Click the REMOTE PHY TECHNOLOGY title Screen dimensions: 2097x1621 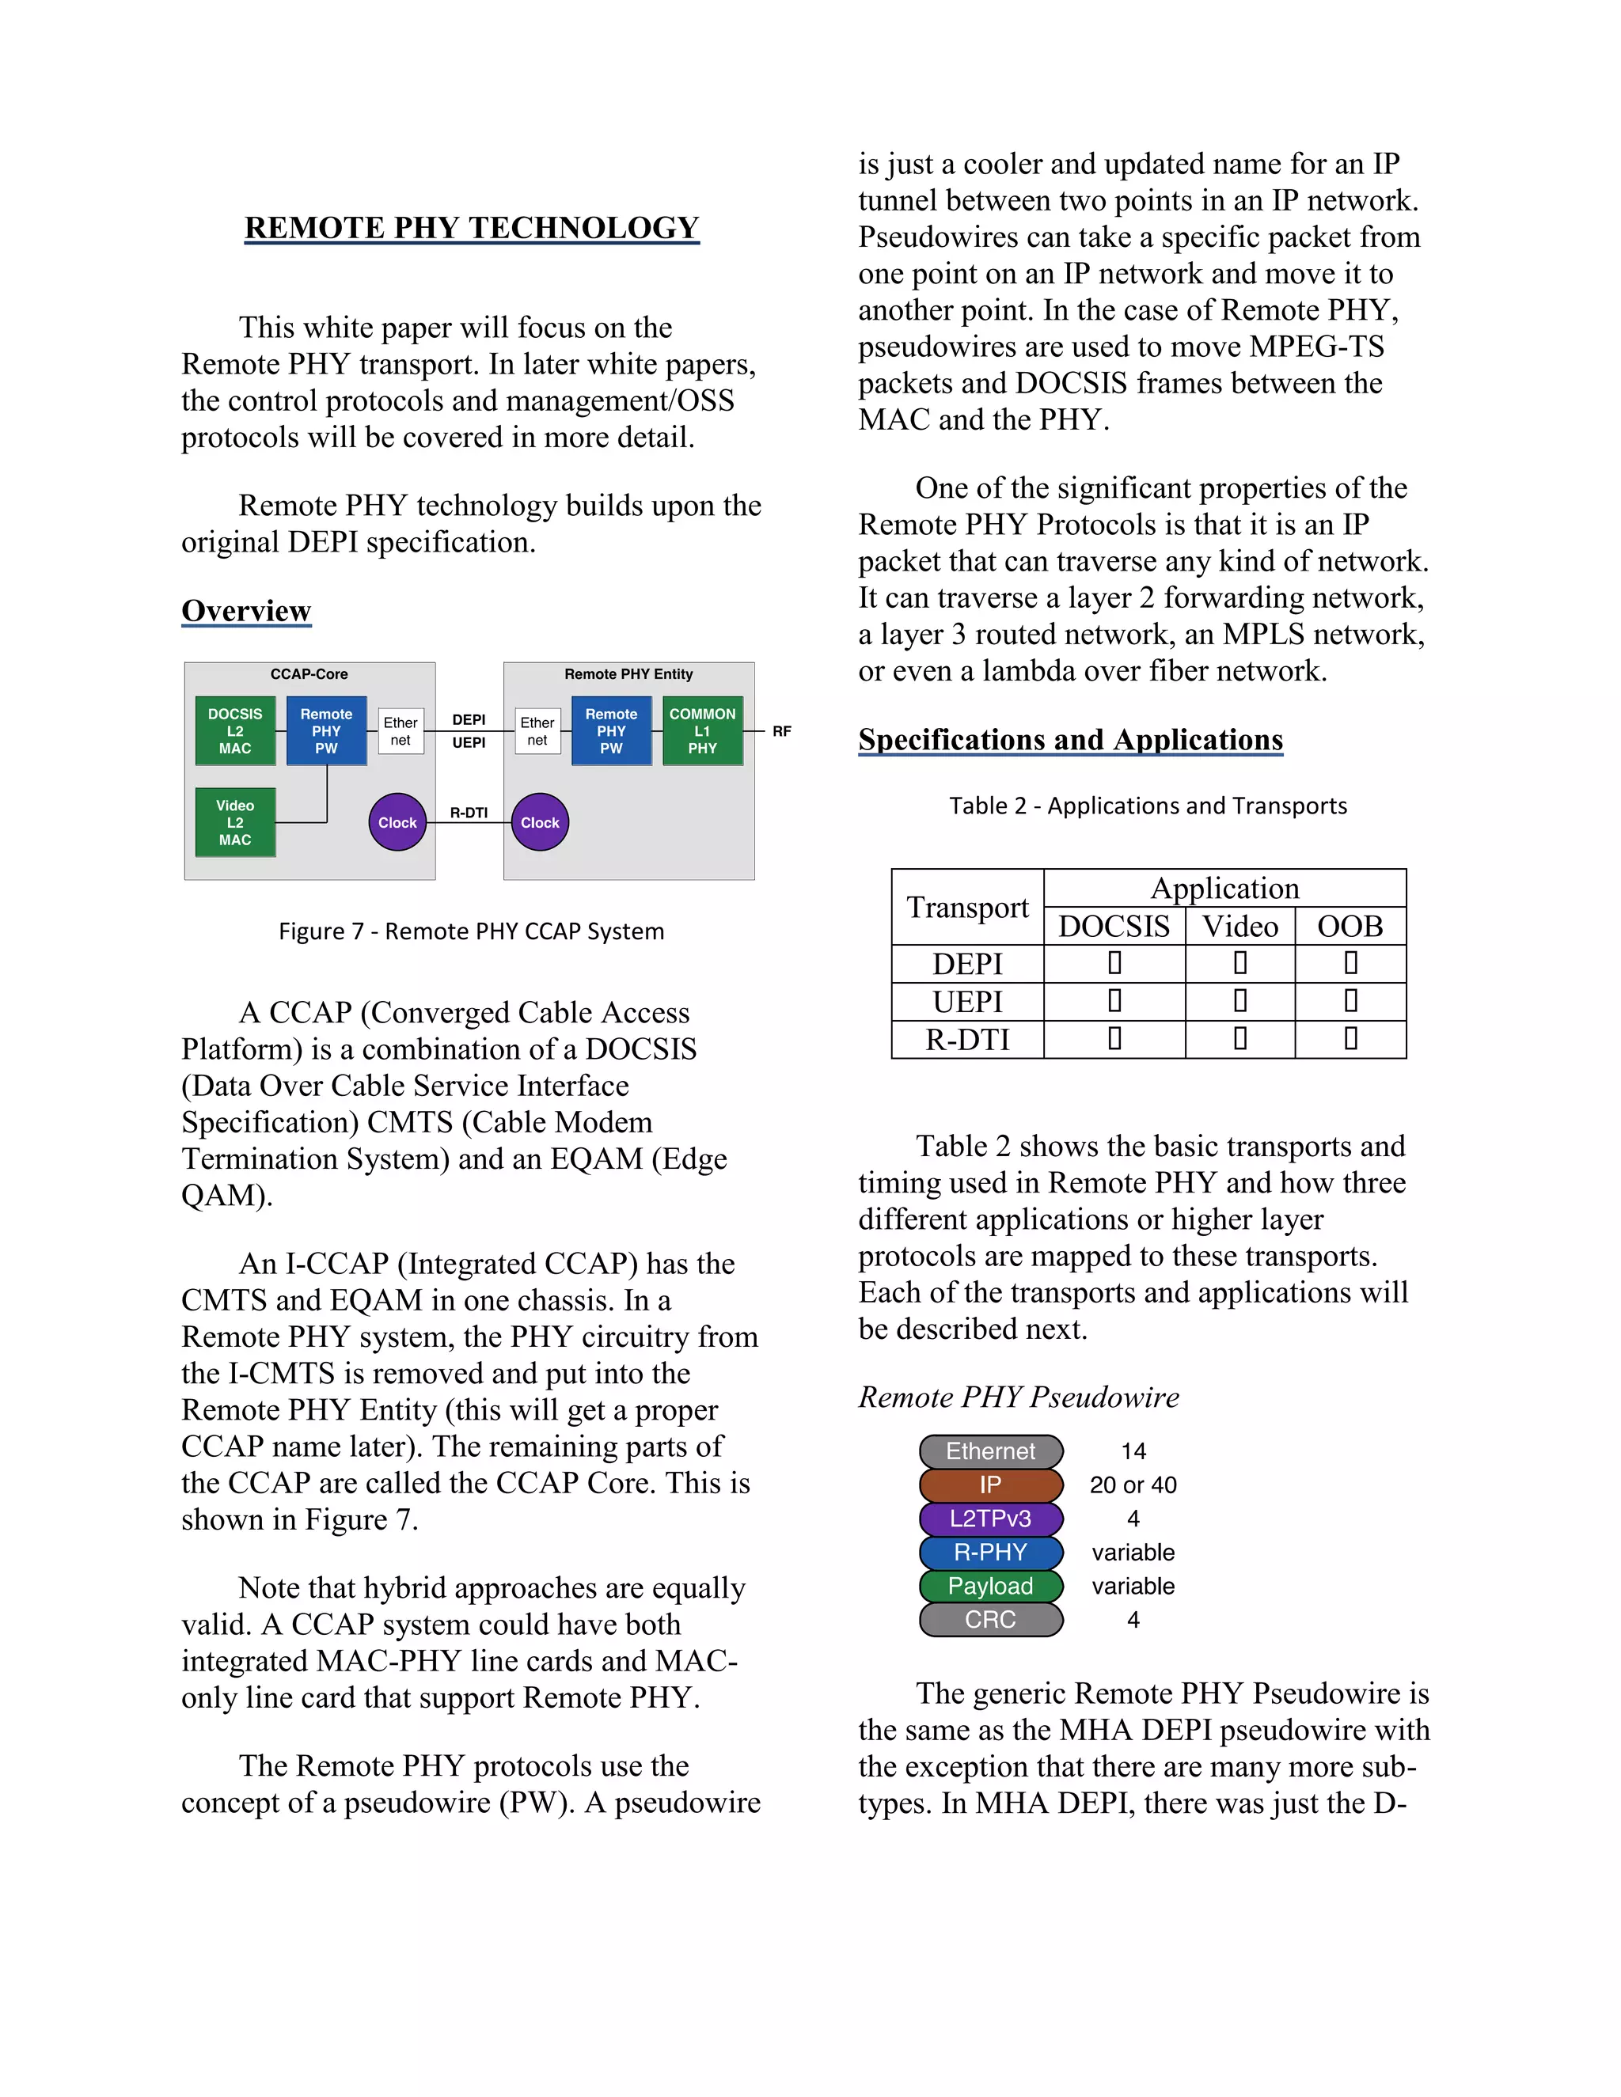pyautogui.click(x=472, y=228)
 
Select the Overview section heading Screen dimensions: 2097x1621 pyautogui.click(x=246, y=611)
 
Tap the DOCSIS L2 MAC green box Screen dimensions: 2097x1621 pyautogui.click(x=235, y=730)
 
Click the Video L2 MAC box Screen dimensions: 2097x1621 pyautogui.click(x=235, y=823)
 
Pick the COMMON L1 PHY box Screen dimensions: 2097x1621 pyautogui.click(x=702, y=730)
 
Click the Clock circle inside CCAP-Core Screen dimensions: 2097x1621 pyautogui.click(x=397, y=823)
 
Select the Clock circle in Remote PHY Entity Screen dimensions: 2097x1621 pyautogui.click(x=540, y=823)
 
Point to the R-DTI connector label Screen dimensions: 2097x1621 pyautogui.click(x=469, y=813)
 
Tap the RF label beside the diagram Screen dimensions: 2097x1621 pyautogui.click(x=782, y=732)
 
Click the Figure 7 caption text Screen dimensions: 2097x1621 pyautogui.click(x=472, y=931)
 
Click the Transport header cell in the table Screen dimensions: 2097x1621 pyautogui.click(x=967, y=908)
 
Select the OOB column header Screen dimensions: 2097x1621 pyautogui.click(x=1350, y=927)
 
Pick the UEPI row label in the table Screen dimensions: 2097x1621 pyautogui.click(x=967, y=1002)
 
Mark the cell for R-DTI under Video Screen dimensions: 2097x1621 pyautogui.click(x=1239, y=1039)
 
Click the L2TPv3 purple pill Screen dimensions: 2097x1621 pyautogui.click(x=991, y=1519)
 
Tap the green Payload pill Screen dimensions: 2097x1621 pyautogui.click(x=991, y=1586)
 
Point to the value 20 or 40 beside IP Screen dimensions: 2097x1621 pyautogui.click(x=1133, y=1485)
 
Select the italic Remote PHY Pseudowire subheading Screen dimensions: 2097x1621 pyautogui.click(x=1018, y=1397)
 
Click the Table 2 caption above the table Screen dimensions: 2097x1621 pyautogui.click(x=1148, y=806)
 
